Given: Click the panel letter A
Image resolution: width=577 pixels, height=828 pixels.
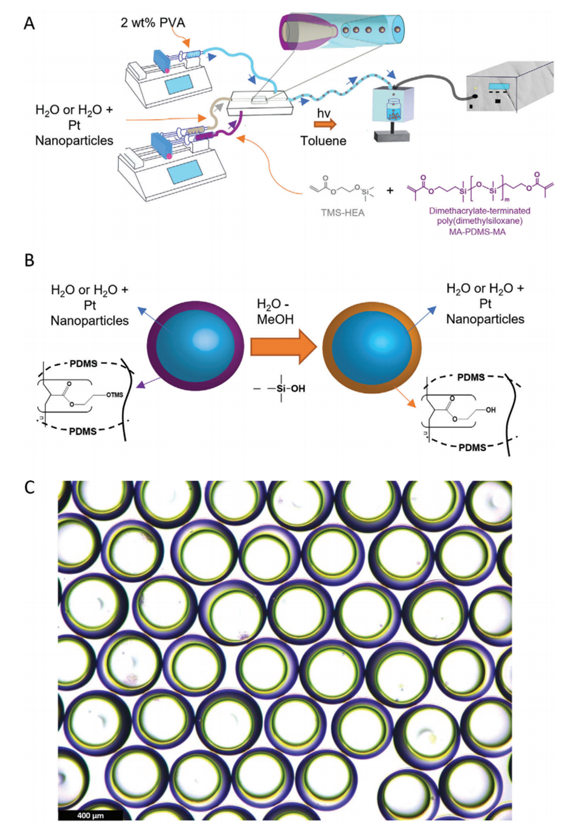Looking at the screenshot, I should point(29,24).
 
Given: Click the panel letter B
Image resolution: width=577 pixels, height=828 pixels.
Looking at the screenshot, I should point(29,260).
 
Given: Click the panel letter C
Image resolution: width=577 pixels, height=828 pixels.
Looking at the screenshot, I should point(29,487).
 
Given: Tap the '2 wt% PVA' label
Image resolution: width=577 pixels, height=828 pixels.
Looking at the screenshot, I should point(153,23).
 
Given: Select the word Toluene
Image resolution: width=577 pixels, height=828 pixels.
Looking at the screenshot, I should point(323,141).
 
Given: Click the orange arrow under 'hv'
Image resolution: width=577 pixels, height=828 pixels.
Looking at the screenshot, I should point(325,125).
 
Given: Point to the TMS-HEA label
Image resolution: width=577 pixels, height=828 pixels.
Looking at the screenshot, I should point(343,213).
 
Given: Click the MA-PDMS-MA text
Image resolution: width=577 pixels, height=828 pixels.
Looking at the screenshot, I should point(477,231).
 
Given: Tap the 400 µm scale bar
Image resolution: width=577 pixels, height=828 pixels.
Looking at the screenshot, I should point(91,815).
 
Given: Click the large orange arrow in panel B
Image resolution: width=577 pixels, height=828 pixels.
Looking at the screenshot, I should point(283,347).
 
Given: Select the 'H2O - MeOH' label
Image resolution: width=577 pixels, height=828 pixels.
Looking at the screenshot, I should point(275,312).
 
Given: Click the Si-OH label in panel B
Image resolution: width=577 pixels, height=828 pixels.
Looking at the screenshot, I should point(289,388).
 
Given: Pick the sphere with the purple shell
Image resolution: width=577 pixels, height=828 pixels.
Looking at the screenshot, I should point(195,345).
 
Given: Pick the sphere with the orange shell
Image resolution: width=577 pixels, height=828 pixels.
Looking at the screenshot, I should point(372,345).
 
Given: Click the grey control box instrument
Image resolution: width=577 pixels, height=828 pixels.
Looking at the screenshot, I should point(509,88).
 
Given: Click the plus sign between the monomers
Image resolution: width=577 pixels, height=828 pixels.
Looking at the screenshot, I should point(390,190).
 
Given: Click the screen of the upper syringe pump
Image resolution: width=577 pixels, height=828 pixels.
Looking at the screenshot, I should point(179,84).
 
